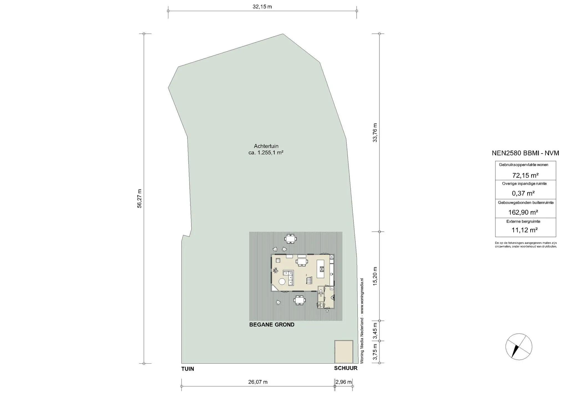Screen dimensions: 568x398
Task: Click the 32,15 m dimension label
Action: pos(262,7)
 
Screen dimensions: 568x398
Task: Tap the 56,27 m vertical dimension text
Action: pos(140,198)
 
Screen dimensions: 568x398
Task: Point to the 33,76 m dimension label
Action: pos(375,133)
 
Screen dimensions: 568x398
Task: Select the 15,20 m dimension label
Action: pos(375,276)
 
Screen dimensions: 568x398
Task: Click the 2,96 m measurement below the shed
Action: pos(344,382)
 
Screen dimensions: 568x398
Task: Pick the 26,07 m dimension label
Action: pos(258,382)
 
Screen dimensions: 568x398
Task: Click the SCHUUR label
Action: pos(346,368)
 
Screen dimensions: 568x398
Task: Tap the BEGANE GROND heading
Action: pos(272,325)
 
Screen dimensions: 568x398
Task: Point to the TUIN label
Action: pos(188,369)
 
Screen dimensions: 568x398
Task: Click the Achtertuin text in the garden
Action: pos(266,146)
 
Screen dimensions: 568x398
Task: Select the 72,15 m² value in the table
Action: pos(525,175)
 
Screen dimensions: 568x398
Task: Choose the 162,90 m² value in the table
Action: pos(523,212)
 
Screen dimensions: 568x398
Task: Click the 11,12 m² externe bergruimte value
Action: pos(525,230)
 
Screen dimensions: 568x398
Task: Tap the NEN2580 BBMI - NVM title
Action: pos(525,153)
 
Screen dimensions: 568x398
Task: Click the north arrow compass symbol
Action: pos(519,347)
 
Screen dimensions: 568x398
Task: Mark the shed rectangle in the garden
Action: pos(344,352)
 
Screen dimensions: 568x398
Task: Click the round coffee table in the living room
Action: pos(282,282)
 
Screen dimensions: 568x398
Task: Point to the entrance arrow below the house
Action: pos(327,311)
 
